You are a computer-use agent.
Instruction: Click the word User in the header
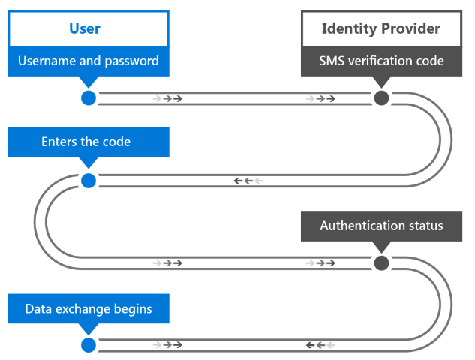[85, 29]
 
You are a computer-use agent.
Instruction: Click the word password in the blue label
[130, 61]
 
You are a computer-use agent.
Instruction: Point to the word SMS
[333, 61]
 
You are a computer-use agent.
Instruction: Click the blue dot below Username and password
[89, 98]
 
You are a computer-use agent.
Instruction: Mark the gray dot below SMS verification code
[381, 98]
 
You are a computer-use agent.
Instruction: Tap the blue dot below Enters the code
[89, 181]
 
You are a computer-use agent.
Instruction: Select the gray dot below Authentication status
[381, 262]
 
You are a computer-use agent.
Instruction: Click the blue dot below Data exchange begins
[89, 345]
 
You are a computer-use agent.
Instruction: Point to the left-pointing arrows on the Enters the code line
[248, 181]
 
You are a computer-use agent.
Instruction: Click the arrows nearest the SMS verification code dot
[320, 98]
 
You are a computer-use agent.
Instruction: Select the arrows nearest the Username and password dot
[167, 98]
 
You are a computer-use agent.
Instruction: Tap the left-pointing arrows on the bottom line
[320, 345]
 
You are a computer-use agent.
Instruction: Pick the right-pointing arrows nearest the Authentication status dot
[320, 262]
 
